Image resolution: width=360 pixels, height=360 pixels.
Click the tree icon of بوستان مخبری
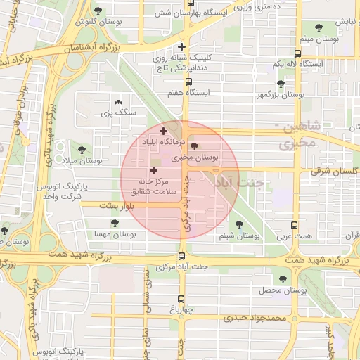coord(194,146)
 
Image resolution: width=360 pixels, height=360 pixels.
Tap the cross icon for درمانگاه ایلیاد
coord(163,130)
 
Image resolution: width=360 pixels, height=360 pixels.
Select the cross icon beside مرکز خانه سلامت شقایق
coord(153,171)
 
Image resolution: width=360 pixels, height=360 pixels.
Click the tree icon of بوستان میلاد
coord(82,150)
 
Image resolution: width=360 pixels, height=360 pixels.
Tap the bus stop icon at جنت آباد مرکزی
coord(182,256)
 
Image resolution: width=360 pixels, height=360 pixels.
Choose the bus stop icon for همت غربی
coord(293,226)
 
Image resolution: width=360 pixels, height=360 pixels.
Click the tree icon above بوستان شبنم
coord(239,224)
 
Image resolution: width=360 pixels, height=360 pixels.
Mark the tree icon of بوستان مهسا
coord(115,223)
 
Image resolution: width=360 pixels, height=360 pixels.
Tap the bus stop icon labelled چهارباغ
coord(182,298)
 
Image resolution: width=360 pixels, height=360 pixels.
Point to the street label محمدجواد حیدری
coord(256,318)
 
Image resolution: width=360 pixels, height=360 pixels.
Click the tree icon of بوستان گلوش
coord(96,11)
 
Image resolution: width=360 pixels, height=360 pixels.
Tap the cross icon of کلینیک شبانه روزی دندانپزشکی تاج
coord(182,47)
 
